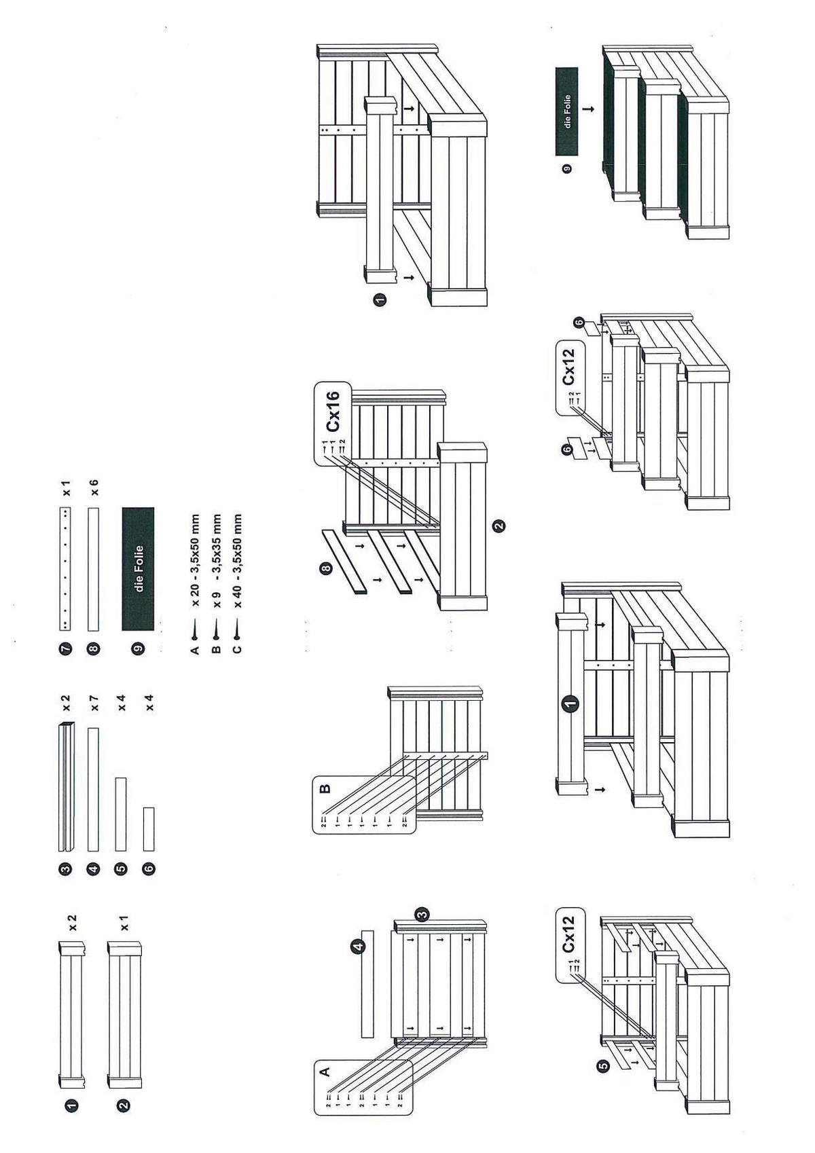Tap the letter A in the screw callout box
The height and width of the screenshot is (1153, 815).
[325, 1072]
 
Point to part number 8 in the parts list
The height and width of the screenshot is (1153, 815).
[94, 649]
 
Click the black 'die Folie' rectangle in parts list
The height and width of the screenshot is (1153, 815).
[138, 569]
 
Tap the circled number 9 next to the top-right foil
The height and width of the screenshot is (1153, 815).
[567, 168]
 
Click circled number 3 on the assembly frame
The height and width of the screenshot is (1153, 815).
[422, 914]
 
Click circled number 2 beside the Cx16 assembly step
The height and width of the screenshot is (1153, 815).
[499, 525]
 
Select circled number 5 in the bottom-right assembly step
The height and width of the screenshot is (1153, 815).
[603, 1067]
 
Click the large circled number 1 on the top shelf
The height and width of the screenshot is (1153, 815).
[570, 703]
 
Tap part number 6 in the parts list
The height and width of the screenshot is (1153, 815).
[149, 868]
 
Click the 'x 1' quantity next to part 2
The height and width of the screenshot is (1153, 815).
[124, 922]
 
